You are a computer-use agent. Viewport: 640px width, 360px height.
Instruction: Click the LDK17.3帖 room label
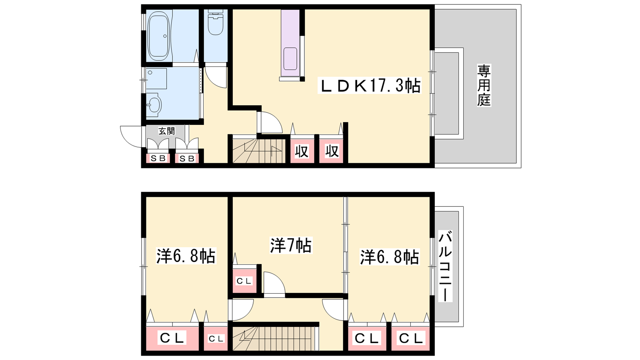(x=370, y=86)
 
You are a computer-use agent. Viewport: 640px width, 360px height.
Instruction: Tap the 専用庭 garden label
(x=484, y=86)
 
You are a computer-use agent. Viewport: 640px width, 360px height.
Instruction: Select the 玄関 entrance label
(x=166, y=131)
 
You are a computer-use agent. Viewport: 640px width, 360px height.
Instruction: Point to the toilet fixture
(x=216, y=22)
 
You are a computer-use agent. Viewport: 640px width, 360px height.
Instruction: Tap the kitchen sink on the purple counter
(x=290, y=59)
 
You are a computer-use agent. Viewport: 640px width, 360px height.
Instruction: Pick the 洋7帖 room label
(x=291, y=245)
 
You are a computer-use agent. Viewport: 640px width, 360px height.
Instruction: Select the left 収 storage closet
(x=302, y=152)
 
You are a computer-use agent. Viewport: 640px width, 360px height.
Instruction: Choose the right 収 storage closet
(x=332, y=152)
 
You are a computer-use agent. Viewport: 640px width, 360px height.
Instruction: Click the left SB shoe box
(x=158, y=158)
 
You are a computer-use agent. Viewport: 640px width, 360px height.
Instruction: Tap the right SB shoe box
(x=187, y=158)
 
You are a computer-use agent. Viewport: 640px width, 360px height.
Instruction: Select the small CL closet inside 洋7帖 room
(x=244, y=281)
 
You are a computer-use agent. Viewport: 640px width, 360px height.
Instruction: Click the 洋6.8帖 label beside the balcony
(x=389, y=257)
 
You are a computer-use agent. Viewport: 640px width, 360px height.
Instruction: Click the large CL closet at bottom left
(x=172, y=338)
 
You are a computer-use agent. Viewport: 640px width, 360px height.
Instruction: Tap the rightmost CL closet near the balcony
(x=410, y=338)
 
